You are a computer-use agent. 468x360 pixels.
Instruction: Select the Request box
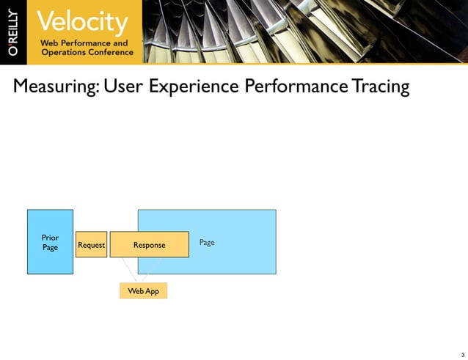click(x=91, y=245)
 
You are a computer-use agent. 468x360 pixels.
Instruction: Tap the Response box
click(x=149, y=245)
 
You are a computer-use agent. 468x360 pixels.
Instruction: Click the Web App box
click(x=143, y=291)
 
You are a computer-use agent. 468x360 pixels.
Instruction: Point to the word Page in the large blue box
click(x=207, y=242)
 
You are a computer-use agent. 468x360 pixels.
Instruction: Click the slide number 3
click(x=462, y=354)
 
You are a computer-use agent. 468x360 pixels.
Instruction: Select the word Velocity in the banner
click(x=82, y=22)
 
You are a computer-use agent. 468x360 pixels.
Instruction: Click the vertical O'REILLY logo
click(x=14, y=32)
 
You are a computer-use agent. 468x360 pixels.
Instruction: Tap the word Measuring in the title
click(x=56, y=87)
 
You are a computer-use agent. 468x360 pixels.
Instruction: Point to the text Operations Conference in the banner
click(x=87, y=53)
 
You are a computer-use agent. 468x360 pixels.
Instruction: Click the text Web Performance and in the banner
click(x=84, y=43)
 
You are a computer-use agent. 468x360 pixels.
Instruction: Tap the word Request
click(x=91, y=245)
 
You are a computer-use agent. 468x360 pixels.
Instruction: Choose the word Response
click(x=149, y=245)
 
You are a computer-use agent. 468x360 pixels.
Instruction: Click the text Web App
click(x=143, y=291)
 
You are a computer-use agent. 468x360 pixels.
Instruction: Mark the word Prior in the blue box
click(x=50, y=238)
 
